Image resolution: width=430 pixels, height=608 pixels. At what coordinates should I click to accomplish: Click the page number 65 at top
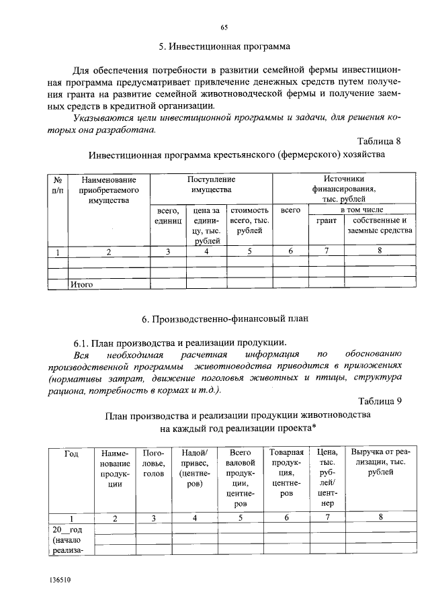(x=224, y=28)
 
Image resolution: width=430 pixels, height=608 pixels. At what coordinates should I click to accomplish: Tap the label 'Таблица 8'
(x=380, y=141)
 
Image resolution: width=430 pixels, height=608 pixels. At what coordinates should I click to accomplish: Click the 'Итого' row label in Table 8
(x=81, y=284)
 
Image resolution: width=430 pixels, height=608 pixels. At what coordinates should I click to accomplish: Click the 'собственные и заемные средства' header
(x=379, y=226)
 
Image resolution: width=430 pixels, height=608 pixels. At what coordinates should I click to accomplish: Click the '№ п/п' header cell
(x=58, y=185)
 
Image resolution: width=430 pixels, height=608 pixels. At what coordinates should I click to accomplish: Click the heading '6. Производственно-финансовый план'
(x=224, y=318)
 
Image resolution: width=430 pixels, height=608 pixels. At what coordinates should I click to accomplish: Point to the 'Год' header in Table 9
(x=71, y=453)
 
